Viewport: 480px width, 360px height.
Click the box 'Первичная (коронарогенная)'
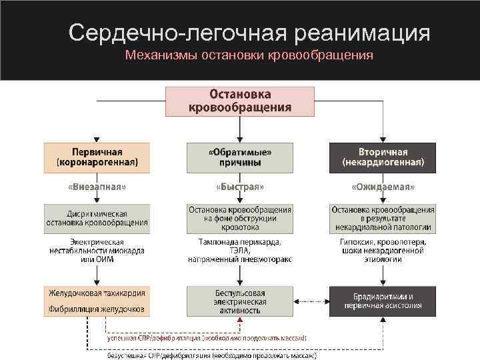tap(97, 157)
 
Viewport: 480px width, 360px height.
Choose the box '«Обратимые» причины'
tap(239, 157)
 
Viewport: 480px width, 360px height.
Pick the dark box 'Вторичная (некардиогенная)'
tap(382, 157)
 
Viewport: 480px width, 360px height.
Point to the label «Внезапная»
tap(97, 187)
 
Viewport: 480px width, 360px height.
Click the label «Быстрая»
tap(239, 187)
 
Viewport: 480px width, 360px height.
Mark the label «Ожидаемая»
tap(382, 187)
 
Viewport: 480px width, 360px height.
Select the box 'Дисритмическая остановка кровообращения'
tap(97, 218)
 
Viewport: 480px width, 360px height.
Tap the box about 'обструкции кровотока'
tap(239, 218)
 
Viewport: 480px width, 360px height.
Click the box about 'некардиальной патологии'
tap(382, 218)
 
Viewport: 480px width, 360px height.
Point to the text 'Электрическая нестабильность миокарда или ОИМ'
tap(97, 250)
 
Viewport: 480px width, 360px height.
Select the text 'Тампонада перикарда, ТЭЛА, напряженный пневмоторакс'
tap(239, 250)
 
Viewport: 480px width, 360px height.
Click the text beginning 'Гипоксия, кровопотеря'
tap(382, 250)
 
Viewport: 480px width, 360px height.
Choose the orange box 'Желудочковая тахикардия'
tap(97, 301)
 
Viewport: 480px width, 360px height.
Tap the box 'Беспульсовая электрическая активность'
tap(239, 301)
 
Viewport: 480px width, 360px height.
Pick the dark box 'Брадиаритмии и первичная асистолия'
tap(382, 301)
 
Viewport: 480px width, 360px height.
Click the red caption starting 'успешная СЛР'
tap(207, 339)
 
